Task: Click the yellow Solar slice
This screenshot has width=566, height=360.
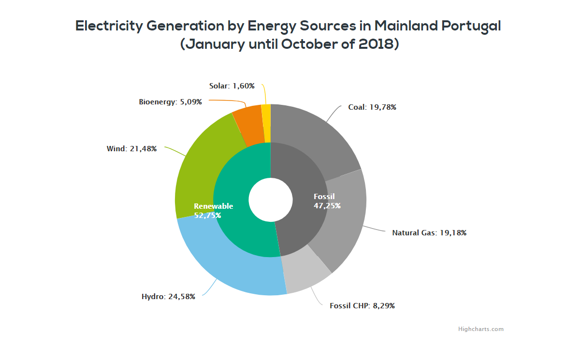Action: click(266, 123)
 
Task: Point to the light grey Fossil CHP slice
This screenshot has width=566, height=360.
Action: click(305, 273)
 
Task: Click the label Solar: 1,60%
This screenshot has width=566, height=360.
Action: click(232, 86)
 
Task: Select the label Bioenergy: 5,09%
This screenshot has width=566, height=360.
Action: click(170, 102)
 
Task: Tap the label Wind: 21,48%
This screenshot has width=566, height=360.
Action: click(131, 149)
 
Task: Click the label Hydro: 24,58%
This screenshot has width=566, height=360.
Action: click(168, 297)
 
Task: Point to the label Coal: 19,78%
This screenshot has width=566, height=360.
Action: click(372, 107)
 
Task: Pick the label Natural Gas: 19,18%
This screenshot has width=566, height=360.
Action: click(429, 233)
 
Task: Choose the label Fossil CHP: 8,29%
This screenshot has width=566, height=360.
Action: click(365, 306)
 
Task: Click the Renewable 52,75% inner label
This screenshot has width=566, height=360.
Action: click(213, 211)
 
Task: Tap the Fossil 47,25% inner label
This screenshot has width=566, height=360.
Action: click(327, 201)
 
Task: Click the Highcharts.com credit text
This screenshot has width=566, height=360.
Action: click(480, 329)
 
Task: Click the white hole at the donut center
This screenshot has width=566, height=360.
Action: click(271, 200)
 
